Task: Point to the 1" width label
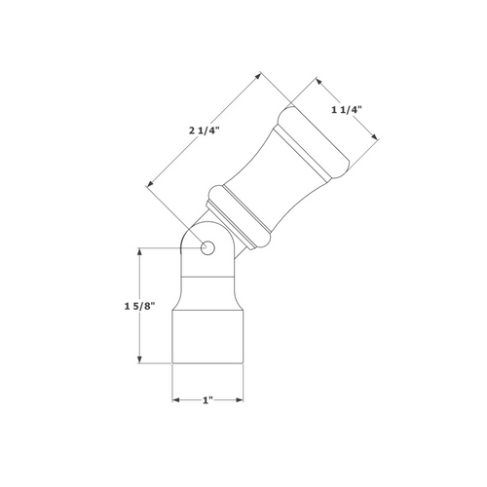[x=207, y=400]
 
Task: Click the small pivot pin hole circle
[x=207, y=249]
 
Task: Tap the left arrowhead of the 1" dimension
[x=175, y=400]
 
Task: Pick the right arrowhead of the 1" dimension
[x=240, y=400]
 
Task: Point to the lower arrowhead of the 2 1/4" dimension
[x=148, y=183]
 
